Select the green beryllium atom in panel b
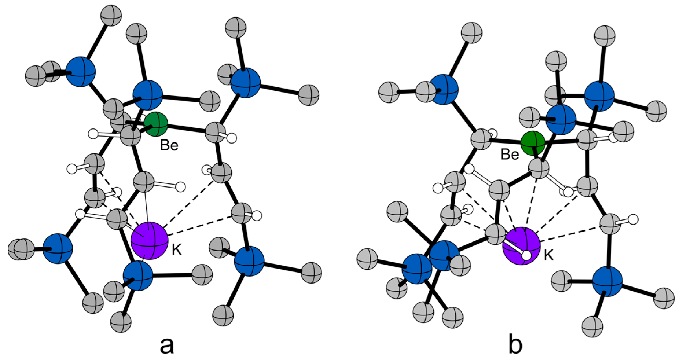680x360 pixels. (532, 143)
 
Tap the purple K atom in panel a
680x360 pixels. (149, 240)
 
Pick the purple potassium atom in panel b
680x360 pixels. (521, 246)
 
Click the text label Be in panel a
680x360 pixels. (169, 146)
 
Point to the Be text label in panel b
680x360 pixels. (510, 155)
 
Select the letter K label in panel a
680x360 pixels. (177, 249)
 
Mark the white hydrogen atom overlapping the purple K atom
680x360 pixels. (526, 255)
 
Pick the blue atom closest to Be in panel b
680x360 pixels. (560, 120)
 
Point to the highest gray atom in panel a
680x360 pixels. (111, 15)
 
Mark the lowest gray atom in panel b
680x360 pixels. (593, 327)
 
